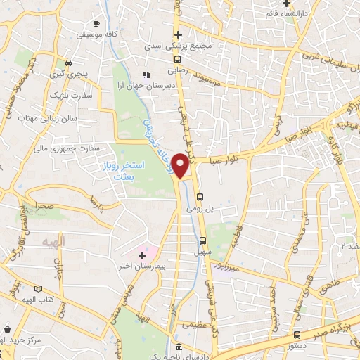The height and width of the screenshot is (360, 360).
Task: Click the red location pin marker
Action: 181,165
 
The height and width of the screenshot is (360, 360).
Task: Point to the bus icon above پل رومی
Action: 200,197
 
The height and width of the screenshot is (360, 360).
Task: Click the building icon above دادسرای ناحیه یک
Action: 179,347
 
